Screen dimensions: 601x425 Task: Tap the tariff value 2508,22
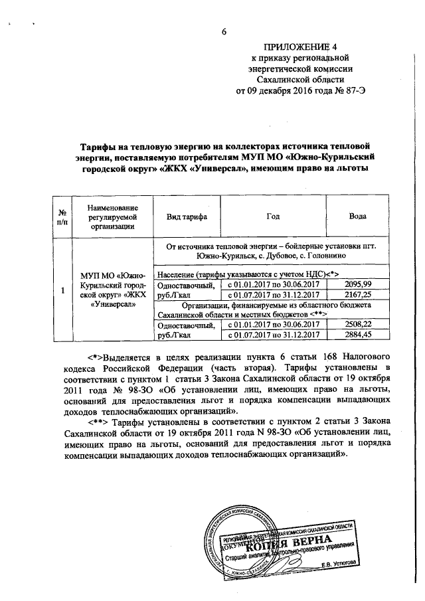click(x=362, y=324)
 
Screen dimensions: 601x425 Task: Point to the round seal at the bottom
click(x=245, y=538)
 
